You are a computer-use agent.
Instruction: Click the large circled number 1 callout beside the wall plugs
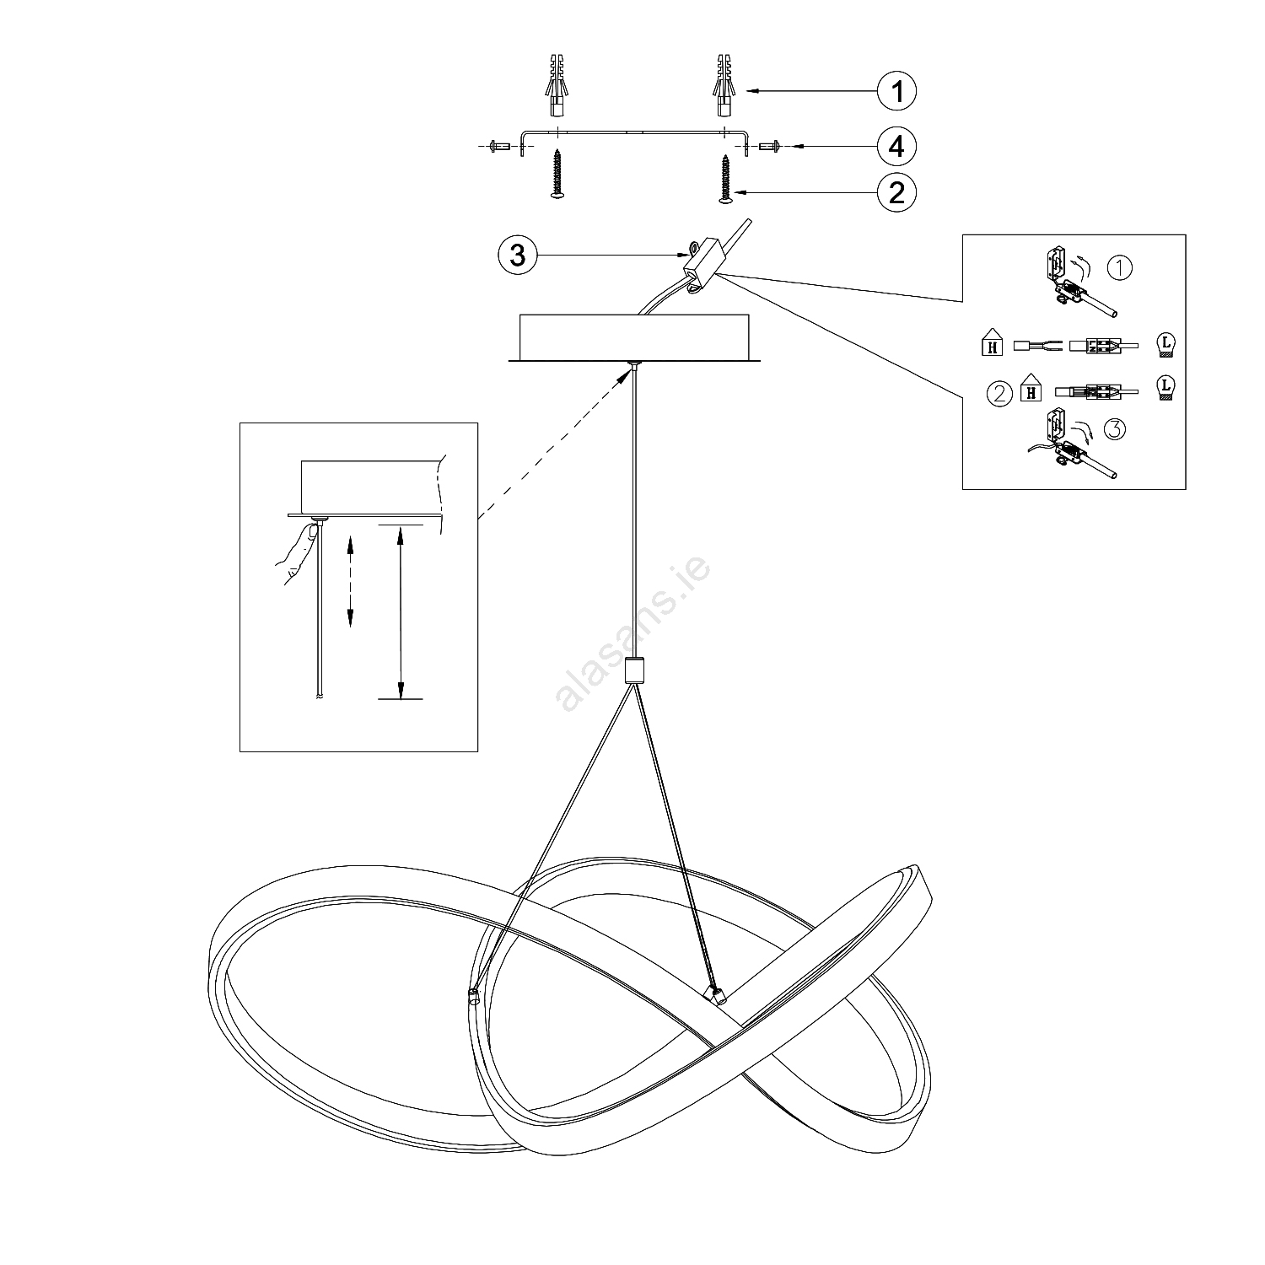[896, 90]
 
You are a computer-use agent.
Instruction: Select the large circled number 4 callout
[896, 146]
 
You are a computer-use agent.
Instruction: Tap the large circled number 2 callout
[896, 193]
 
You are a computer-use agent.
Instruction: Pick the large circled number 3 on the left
[518, 254]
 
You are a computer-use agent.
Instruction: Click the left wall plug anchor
[557, 86]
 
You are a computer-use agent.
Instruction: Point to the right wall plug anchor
[724, 86]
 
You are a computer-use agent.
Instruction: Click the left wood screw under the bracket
[557, 175]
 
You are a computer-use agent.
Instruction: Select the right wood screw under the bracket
[724, 178]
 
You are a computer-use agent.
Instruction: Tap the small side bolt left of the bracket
[499, 146]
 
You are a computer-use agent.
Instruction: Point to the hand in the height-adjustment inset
[295, 552]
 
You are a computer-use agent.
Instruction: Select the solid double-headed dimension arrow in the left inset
[400, 611]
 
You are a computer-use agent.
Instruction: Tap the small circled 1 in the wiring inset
[1119, 268]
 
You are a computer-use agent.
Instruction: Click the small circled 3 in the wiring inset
[1113, 429]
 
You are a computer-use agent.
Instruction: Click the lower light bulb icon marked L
[1165, 387]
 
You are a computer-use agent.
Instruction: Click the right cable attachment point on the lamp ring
[717, 996]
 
